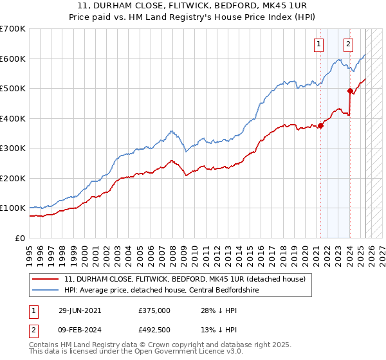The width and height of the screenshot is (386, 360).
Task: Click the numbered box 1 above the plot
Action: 318,44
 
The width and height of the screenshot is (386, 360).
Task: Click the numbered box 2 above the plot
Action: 348,44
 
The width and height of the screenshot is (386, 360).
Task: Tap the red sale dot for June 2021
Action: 320,125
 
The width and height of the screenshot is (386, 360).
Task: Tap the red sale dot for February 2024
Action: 350,91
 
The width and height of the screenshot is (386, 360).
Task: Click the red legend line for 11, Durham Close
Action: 46,279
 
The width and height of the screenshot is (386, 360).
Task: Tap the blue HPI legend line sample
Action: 46,289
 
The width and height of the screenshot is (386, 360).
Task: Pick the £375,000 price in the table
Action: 154,310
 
